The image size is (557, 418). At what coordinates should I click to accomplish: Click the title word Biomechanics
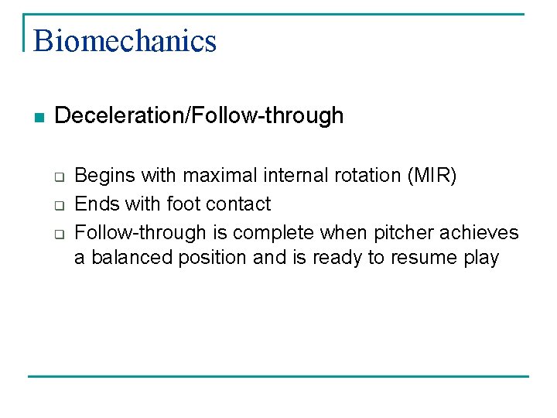(x=125, y=40)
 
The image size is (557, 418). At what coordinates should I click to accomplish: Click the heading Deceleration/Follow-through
(x=199, y=116)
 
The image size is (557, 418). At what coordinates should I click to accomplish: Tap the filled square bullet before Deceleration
(x=39, y=118)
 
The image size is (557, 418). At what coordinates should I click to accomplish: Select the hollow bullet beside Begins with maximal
(x=58, y=177)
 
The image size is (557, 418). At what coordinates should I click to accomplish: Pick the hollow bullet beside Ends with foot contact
(x=58, y=205)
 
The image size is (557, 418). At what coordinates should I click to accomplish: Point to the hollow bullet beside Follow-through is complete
(x=58, y=234)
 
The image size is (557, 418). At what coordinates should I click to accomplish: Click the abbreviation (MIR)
(x=432, y=176)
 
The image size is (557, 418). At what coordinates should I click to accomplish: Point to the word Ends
(x=94, y=204)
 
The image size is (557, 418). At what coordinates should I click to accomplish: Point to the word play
(x=483, y=258)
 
